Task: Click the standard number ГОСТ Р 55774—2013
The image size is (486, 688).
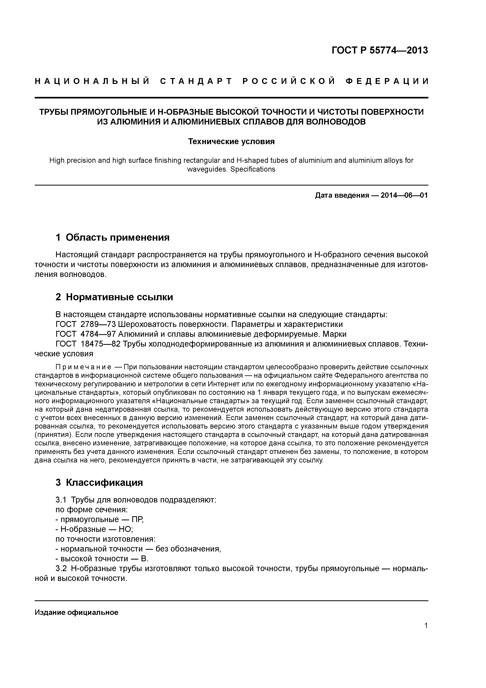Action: pyautogui.click(x=380, y=50)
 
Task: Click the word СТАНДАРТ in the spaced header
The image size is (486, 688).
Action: pyautogui.click(x=196, y=81)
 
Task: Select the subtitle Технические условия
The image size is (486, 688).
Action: pyautogui.click(x=231, y=141)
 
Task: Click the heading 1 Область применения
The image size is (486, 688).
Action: pyautogui.click(x=113, y=237)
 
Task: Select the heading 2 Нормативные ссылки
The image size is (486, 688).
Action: pyautogui.click(x=114, y=297)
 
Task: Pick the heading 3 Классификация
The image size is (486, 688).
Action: pyautogui.click(x=99, y=482)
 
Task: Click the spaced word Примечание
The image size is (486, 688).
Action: pyautogui.click(x=83, y=367)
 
